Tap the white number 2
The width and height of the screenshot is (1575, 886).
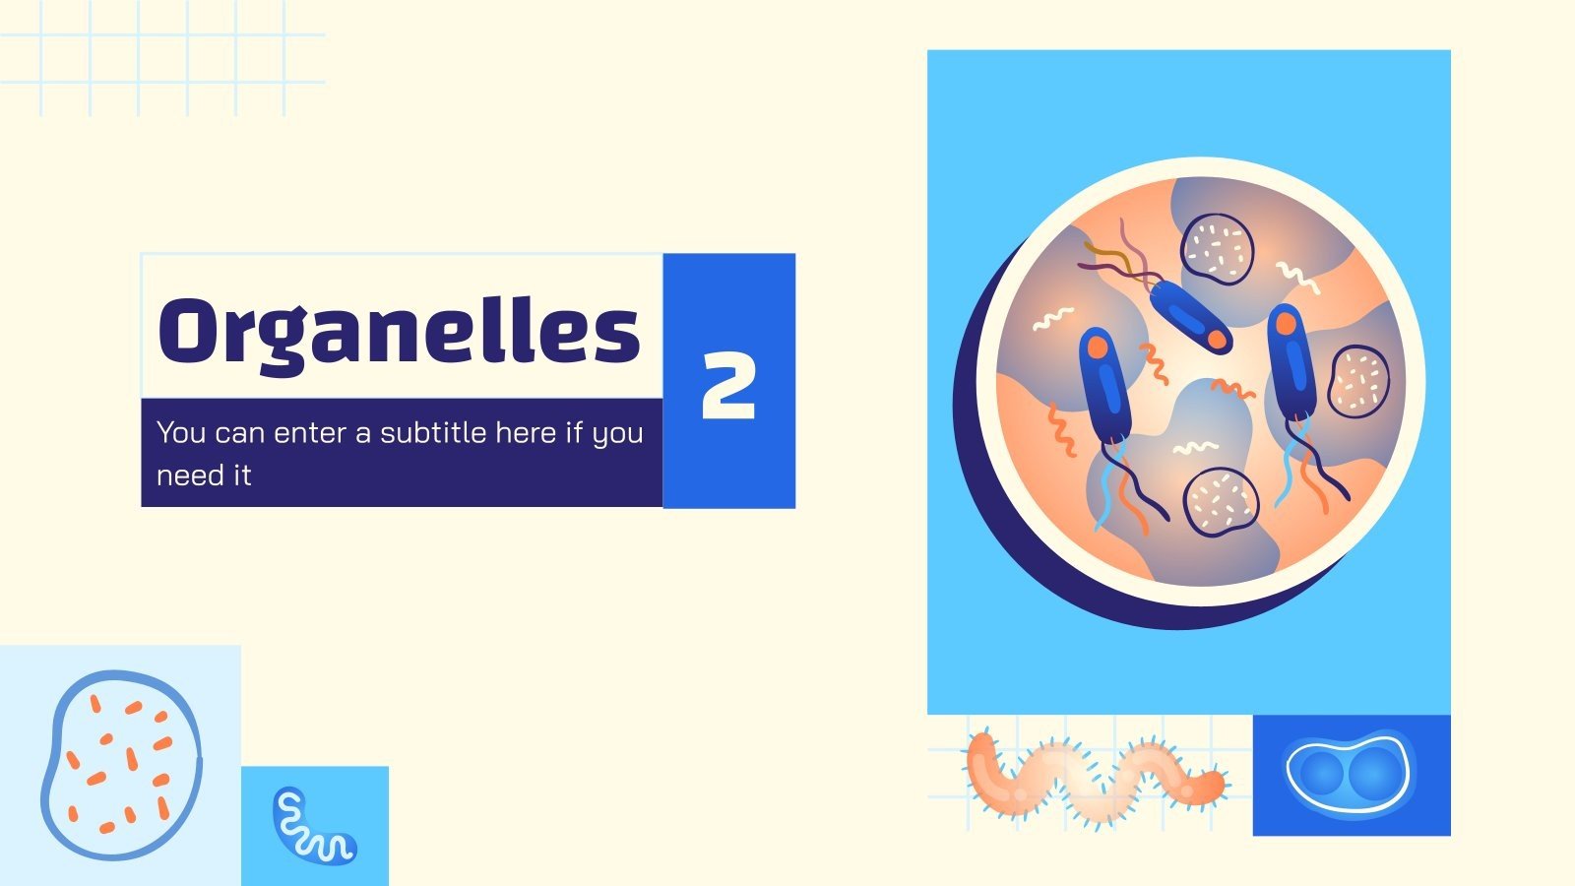click(x=728, y=385)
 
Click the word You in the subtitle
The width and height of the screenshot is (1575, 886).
click(x=181, y=432)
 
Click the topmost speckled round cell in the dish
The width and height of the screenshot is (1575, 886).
click(x=1218, y=249)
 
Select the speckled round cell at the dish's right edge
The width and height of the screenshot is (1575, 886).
click(x=1358, y=380)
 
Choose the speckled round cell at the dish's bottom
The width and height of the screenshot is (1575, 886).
click(x=1221, y=500)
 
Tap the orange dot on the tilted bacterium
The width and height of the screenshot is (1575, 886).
click(x=1217, y=340)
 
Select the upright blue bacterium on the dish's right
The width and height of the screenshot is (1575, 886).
click(x=1291, y=360)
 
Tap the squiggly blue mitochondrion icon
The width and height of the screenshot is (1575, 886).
click(x=311, y=825)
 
